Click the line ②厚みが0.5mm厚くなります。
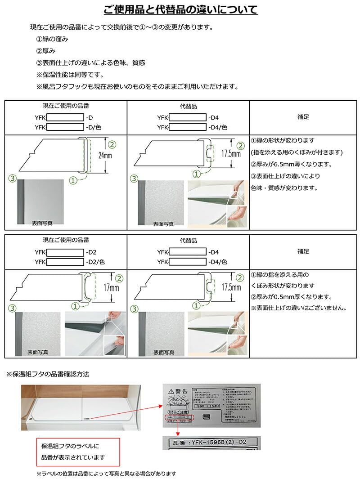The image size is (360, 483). pos(291,297)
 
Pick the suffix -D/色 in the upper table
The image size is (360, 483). pos(92,127)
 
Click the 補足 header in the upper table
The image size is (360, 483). pos(303,116)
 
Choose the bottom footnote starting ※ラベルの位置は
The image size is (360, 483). pos(106,474)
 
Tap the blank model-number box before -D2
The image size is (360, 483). pos(65,252)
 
